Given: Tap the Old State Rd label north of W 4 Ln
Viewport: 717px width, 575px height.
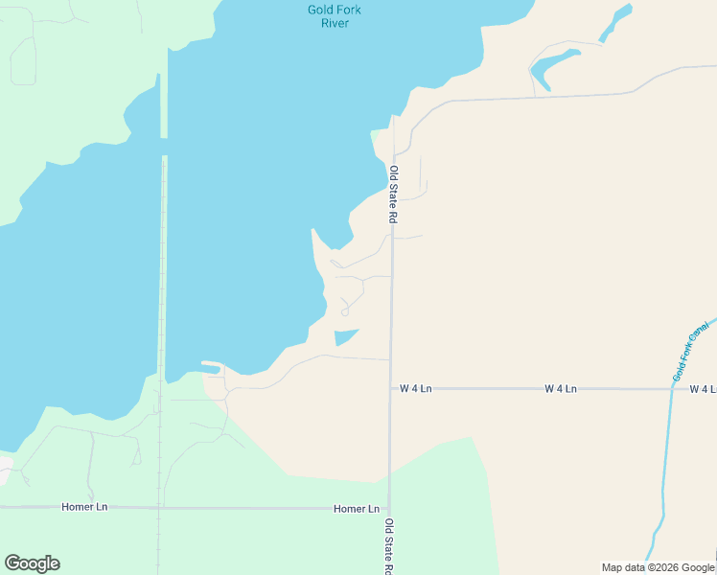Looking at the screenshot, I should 393,195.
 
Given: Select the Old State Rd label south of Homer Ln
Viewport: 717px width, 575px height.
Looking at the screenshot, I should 389,546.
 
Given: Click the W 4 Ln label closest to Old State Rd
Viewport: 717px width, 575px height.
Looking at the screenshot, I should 416,388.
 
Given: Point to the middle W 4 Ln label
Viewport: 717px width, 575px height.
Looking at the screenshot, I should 561,388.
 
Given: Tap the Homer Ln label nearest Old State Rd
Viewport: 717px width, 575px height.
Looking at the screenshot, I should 357,508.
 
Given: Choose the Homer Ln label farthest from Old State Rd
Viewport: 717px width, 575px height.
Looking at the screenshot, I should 83,506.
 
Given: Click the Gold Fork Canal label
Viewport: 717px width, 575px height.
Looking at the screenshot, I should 691,352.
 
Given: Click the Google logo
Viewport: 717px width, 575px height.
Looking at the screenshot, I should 32,563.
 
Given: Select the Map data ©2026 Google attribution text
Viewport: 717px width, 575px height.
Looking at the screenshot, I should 659,567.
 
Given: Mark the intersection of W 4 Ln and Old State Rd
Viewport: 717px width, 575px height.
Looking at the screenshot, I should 390,388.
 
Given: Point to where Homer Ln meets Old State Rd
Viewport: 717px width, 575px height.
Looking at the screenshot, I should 388,508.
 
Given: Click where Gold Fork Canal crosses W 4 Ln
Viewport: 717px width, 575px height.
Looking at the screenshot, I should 670,388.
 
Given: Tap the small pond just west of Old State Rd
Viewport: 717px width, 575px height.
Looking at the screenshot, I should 345,336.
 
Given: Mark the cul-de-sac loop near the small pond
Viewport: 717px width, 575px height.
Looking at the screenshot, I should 344,311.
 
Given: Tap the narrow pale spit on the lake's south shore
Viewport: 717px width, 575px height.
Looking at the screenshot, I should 210,365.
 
